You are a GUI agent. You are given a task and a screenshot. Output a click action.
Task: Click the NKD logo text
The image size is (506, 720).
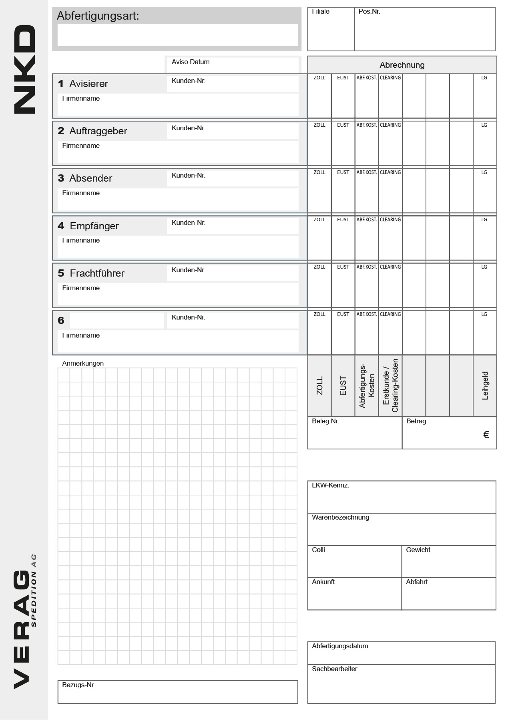[x=25, y=69]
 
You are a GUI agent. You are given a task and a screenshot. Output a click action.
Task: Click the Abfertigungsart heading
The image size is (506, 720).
[x=98, y=16]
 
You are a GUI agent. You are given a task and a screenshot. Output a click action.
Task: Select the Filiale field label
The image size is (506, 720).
[x=321, y=12]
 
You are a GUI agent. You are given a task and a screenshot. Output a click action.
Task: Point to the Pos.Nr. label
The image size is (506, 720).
[x=369, y=12]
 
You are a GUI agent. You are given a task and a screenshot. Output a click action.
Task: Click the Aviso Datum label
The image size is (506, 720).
[x=191, y=62]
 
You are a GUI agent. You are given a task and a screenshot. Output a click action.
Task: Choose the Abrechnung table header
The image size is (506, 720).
[x=402, y=65]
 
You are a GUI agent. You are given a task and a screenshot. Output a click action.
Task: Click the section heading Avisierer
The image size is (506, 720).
[x=88, y=84]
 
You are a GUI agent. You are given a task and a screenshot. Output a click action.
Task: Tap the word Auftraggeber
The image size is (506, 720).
[x=98, y=131]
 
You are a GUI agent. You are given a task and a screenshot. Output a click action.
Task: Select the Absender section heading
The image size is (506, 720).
[x=90, y=178]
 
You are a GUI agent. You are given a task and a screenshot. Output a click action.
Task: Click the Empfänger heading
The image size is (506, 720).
[x=94, y=226]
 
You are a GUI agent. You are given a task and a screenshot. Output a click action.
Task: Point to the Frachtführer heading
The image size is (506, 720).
[x=97, y=273]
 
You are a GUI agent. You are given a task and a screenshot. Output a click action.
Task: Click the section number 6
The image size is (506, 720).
[x=61, y=321]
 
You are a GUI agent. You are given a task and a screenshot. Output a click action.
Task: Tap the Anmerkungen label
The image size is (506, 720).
[x=83, y=364]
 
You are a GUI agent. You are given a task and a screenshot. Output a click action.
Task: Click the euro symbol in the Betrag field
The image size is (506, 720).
[x=486, y=435]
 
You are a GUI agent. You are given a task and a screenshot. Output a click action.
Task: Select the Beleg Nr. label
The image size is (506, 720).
[x=325, y=421]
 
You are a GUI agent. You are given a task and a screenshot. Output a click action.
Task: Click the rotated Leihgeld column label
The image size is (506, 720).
[x=485, y=386]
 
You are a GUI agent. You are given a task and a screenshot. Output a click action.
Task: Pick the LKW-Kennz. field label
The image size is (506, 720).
[x=330, y=485]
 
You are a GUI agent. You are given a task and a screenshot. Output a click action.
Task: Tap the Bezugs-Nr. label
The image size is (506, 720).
[x=78, y=685]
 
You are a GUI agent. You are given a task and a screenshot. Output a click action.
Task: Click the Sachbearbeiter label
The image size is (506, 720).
[x=334, y=669]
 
